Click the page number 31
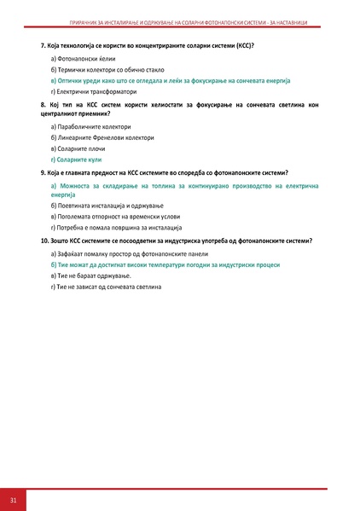click(x=14, y=498)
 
